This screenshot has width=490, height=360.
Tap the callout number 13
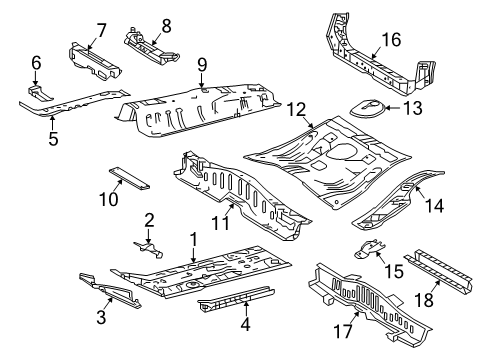click(x=411, y=107)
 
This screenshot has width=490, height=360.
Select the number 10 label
click(x=113, y=201)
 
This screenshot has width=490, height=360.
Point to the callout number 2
click(x=149, y=220)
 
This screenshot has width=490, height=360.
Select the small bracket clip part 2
click(x=148, y=245)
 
